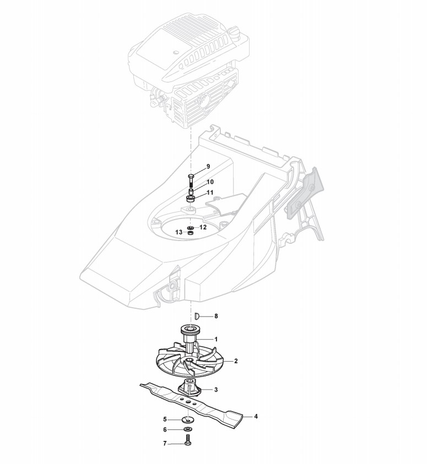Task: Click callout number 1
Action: pyautogui.click(x=216, y=339)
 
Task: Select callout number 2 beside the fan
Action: pyautogui.click(x=236, y=361)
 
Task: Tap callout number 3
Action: pyautogui.click(x=216, y=390)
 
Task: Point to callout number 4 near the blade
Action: pyautogui.click(x=255, y=417)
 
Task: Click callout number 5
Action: pyautogui.click(x=165, y=419)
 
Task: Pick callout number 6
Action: pyautogui.click(x=165, y=430)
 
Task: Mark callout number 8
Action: pyautogui.click(x=216, y=316)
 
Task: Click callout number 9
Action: pyautogui.click(x=208, y=166)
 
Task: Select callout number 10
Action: pyautogui.click(x=210, y=182)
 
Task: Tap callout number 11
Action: pyautogui.click(x=210, y=193)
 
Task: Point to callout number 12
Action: pyautogui.click(x=203, y=227)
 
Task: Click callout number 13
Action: pyautogui.click(x=178, y=233)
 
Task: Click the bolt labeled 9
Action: pyautogui.click(x=191, y=178)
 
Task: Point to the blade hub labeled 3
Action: pyautogui.click(x=190, y=388)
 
